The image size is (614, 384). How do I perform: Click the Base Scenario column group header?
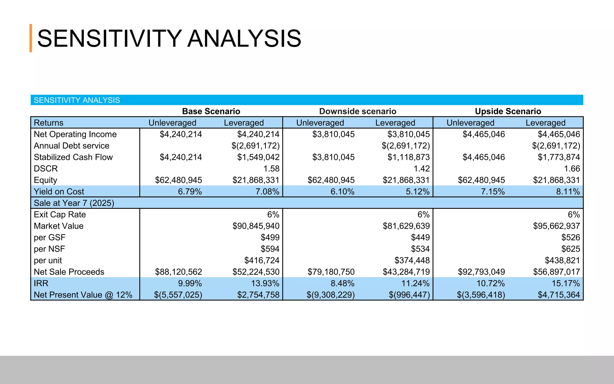coord(211,111)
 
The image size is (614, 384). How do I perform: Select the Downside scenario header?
coord(357,111)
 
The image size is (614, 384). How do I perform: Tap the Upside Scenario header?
coord(508,111)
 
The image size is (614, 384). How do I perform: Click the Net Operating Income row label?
coord(75,134)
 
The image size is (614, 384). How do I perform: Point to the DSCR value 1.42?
coord(422,169)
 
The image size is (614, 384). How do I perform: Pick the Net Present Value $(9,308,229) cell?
coord(330,295)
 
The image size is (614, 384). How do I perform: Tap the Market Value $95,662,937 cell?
coord(556,226)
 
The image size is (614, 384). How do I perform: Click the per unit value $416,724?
coord(262,260)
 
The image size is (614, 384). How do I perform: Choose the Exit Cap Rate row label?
coord(60,214)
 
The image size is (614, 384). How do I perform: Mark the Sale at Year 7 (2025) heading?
coord(74,203)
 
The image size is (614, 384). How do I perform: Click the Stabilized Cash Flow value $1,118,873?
coord(408,157)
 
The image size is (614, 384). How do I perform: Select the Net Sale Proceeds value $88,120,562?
coord(178,272)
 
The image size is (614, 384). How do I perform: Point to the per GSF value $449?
coord(420,237)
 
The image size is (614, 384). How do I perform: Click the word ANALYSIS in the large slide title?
coord(244,38)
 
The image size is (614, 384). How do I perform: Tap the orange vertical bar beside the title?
coord(31,38)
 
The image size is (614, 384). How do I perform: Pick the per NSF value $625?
coord(571,249)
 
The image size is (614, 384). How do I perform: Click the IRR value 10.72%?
coord(490,283)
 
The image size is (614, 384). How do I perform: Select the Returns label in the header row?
coord(49,123)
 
